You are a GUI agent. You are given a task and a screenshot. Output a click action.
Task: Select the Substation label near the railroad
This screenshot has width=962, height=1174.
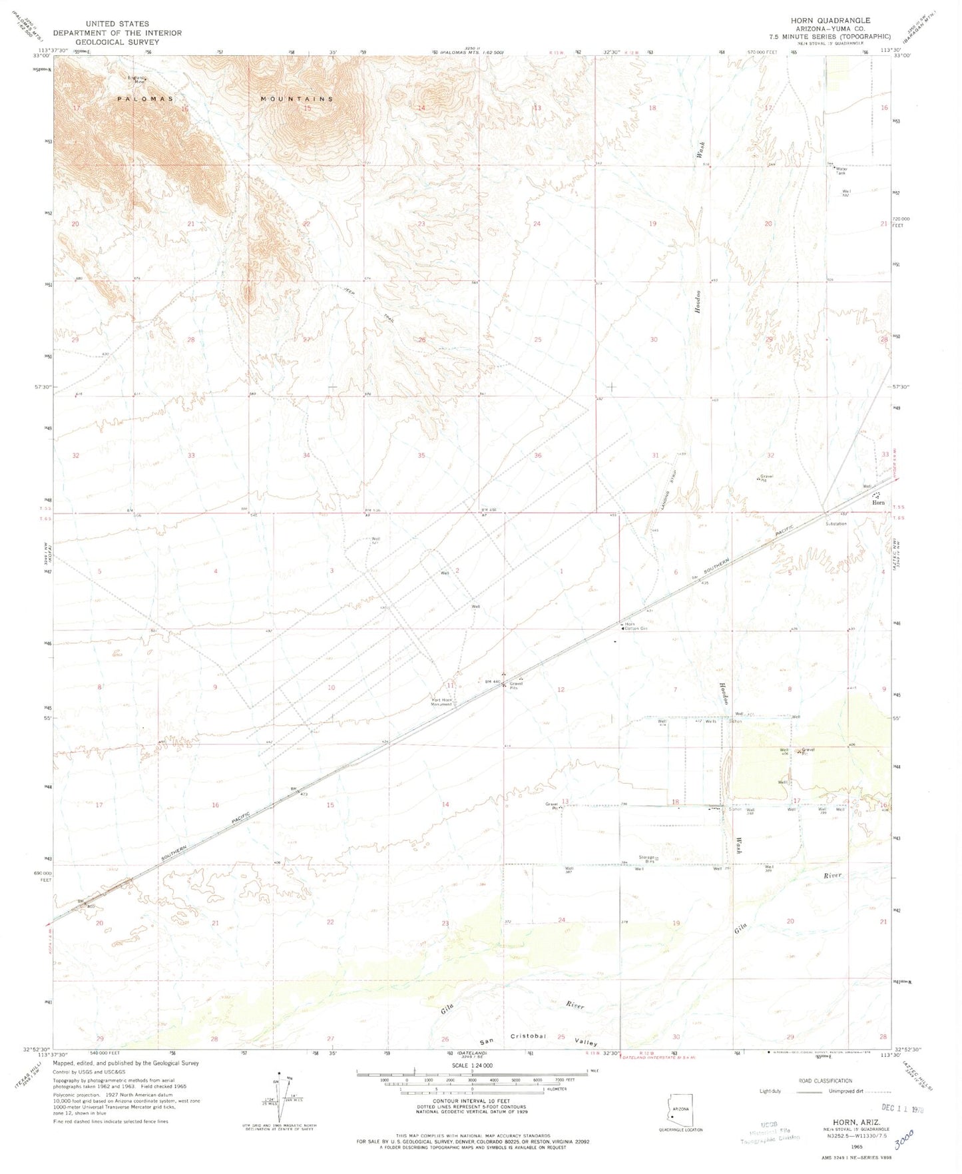coord(836,523)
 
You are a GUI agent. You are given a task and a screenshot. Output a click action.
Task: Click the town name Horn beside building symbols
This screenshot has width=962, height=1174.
coord(879,503)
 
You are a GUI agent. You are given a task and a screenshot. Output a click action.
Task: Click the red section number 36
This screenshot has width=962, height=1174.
coord(537,455)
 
